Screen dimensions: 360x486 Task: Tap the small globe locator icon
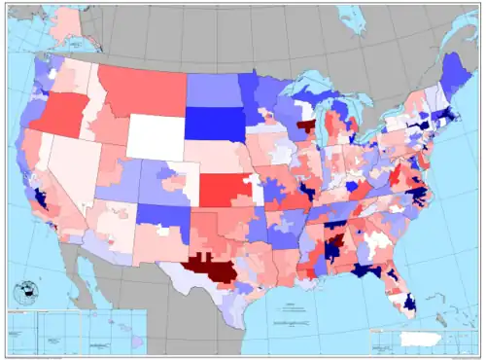pos(27,290)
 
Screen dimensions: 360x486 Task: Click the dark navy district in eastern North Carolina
pos(415,195)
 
